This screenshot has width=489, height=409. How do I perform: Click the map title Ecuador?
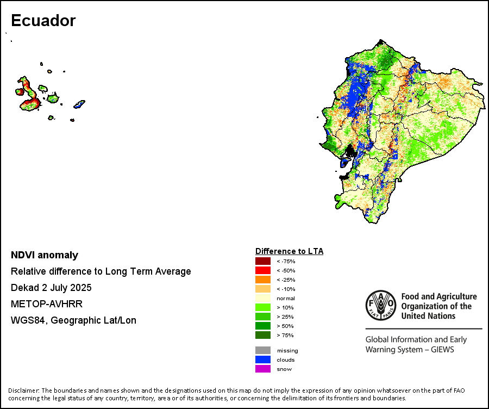coord(43,21)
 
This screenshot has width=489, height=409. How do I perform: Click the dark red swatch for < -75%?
coord(263,261)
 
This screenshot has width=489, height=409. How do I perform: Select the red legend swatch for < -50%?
coord(263,270)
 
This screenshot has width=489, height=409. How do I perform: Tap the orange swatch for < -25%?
coord(263,280)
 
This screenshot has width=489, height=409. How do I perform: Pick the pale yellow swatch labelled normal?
coord(263,298)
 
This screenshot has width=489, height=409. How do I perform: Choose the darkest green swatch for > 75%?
coord(263,335)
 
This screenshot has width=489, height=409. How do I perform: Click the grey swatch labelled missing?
coord(263,350)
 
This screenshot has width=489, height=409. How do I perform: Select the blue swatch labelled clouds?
coord(263,360)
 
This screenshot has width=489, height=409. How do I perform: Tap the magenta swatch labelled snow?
coord(263,369)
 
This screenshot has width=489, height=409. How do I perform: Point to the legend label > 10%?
coord(285,307)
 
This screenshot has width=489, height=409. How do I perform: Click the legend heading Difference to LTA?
coord(289,251)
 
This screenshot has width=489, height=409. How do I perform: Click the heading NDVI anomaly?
coord(45,255)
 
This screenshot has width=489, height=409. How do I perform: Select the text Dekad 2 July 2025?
coord(51,288)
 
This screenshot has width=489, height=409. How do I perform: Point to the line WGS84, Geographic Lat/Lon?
coord(73,320)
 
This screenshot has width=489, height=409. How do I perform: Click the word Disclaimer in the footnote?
coord(23,391)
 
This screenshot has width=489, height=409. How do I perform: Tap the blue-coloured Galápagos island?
coord(79,103)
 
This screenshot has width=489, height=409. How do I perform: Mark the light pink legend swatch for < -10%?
coord(263,289)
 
